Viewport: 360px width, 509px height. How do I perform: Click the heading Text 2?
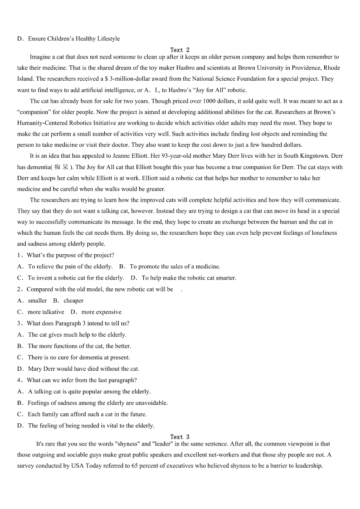(180, 50)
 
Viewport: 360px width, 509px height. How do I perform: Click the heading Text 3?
(180, 437)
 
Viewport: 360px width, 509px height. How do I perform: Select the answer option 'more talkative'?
(46, 312)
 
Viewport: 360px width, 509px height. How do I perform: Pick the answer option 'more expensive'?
(101, 312)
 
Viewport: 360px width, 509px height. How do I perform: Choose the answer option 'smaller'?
(37, 301)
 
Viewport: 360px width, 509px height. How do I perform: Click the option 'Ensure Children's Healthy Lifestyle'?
(73, 39)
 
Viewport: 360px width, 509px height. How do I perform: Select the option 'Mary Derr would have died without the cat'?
(83, 368)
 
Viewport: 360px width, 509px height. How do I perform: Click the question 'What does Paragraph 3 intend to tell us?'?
(78, 323)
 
